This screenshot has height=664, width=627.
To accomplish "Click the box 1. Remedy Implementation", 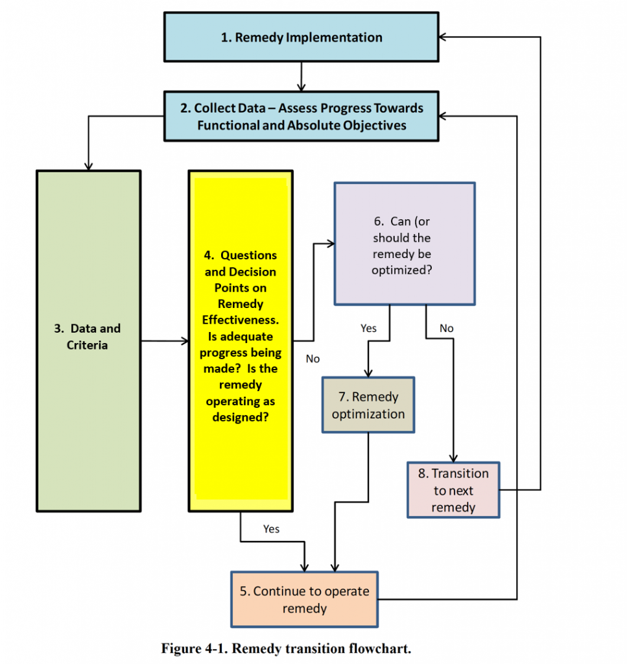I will pyautogui.click(x=301, y=38).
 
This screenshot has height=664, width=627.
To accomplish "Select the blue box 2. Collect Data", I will pyautogui.click(x=301, y=117).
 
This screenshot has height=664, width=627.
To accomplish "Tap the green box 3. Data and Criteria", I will pyautogui.click(x=88, y=340).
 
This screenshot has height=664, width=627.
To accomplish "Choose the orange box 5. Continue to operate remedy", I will pyautogui.click(x=304, y=599).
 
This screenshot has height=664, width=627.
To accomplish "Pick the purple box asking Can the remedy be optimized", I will pyautogui.click(x=404, y=244).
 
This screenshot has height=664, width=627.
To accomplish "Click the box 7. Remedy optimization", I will pyautogui.click(x=368, y=405).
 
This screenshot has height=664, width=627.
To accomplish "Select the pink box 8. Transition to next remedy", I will pyautogui.click(x=453, y=490).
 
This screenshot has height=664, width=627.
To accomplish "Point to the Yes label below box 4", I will pyautogui.click(x=271, y=529).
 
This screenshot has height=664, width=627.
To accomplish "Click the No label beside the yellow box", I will pyautogui.click(x=313, y=359).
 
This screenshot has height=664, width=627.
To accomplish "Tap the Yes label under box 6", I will pyautogui.click(x=368, y=328).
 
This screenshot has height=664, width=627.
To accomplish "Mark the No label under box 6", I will pyautogui.click(x=446, y=328).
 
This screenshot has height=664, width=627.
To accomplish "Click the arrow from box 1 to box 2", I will pyautogui.click(x=300, y=77).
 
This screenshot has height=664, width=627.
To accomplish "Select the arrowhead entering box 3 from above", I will pyautogui.click(x=88, y=165).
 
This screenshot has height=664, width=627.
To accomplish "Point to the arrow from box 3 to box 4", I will pyautogui.click(x=163, y=340).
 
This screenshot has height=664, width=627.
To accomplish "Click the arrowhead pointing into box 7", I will pyautogui.click(x=368, y=373).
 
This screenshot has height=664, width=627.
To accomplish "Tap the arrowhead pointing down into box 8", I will pyautogui.click(x=453, y=457).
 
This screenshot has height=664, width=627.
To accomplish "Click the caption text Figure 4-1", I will pyautogui.click(x=286, y=648).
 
